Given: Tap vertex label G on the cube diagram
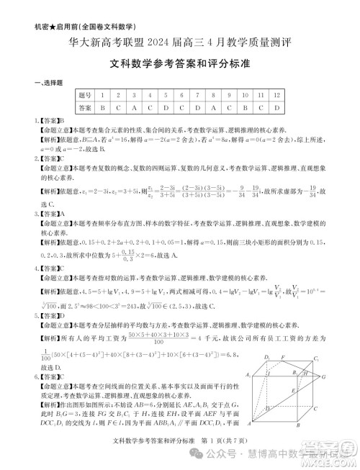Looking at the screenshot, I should [x=324, y=376].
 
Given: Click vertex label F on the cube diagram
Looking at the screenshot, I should [x=284, y=356].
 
